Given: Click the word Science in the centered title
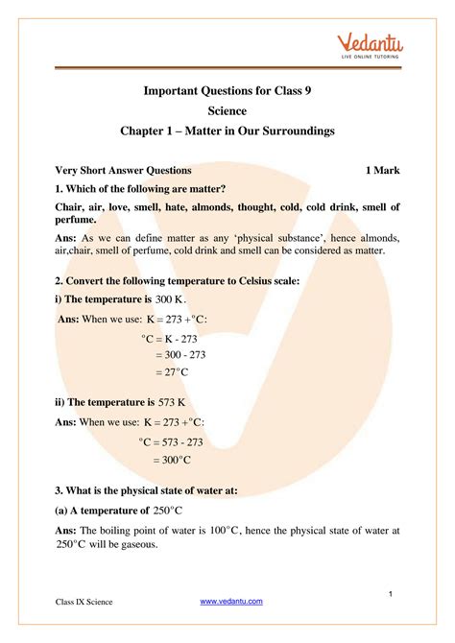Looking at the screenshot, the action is (227, 111).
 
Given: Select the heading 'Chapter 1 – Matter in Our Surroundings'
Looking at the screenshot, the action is (227, 131).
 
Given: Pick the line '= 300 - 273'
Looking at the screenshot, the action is (180, 354).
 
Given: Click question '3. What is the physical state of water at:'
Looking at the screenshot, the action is (147, 490).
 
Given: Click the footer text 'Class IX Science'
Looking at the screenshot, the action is (84, 602).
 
